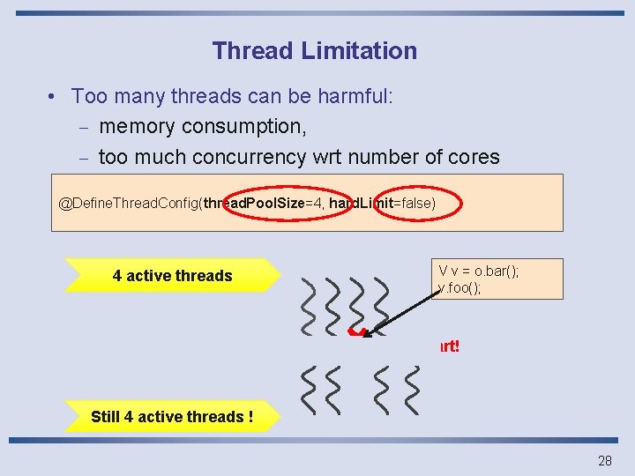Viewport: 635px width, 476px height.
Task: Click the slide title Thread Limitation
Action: click(314, 51)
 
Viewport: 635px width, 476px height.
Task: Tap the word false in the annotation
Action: click(414, 204)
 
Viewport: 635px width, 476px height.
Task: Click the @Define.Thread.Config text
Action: click(129, 204)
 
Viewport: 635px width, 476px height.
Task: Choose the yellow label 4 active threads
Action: click(172, 276)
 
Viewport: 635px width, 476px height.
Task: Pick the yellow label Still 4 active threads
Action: click(172, 417)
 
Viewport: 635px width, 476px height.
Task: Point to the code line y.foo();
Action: click(459, 288)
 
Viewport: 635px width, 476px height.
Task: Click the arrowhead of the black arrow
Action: click(371, 331)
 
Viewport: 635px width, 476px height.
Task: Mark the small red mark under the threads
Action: click(356, 332)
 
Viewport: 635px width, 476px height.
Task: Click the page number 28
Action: click(605, 460)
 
